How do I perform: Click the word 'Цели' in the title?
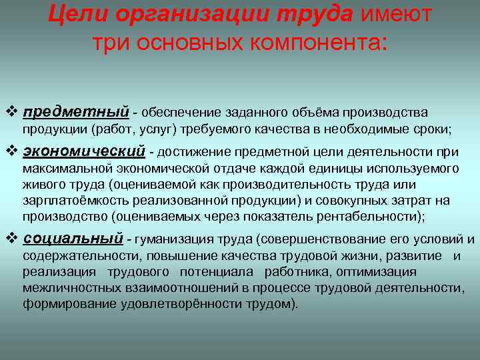(x=76, y=13)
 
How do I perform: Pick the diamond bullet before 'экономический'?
(x=11, y=151)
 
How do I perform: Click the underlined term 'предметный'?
(x=75, y=112)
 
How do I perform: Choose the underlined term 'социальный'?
(x=73, y=239)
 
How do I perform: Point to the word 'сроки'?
(x=434, y=129)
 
